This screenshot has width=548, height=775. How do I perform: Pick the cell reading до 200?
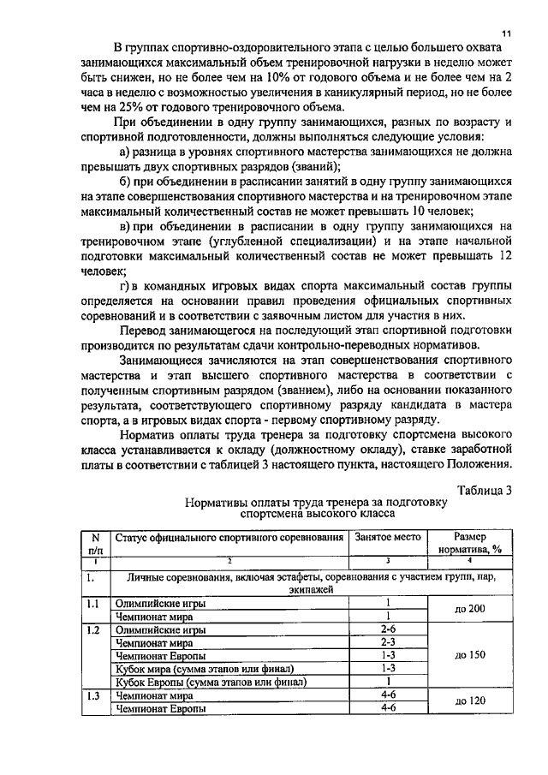point(470,608)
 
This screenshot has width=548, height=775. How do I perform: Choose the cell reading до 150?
point(470,654)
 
